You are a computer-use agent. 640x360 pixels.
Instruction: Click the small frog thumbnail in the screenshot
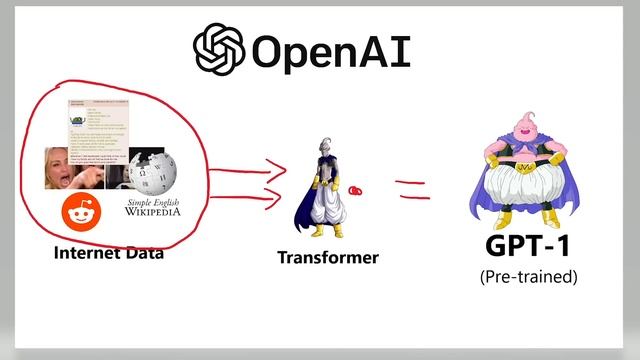coord(79,123)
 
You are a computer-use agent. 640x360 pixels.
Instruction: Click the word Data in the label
coord(143,253)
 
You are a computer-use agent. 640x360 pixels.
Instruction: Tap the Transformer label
coord(328,258)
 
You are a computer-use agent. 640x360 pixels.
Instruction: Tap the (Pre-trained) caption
coord(528,276)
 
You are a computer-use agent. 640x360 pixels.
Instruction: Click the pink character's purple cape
coord(480,200)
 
